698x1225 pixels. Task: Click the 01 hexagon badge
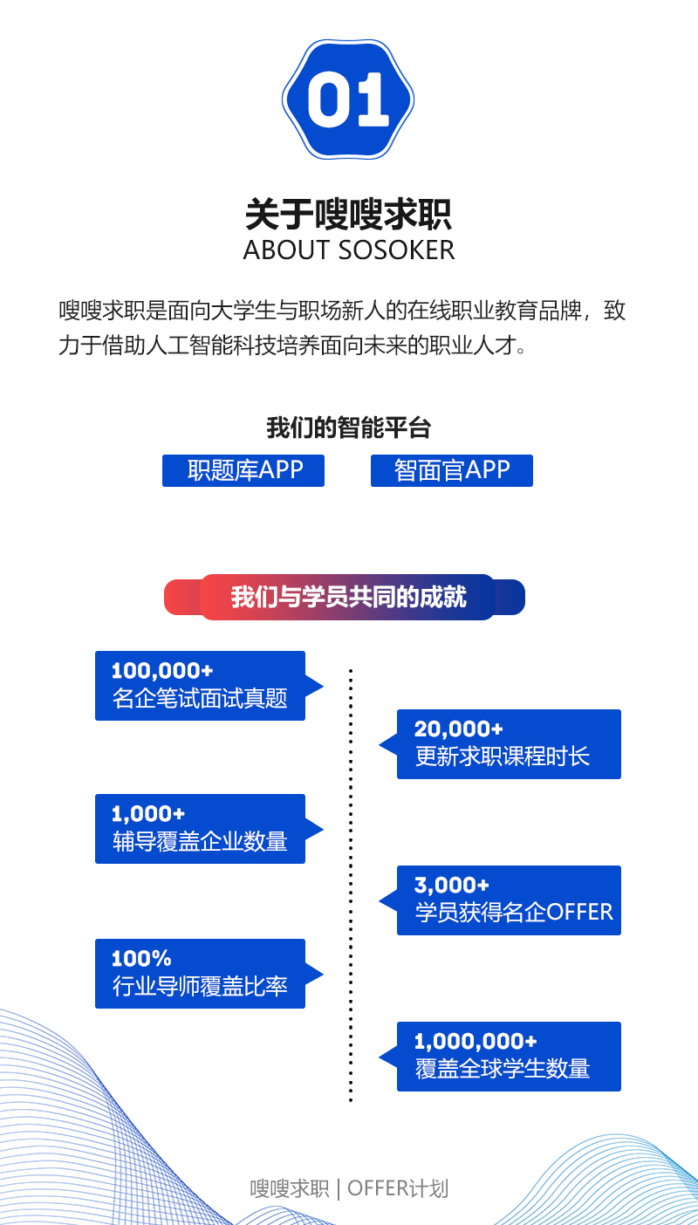pos(348,99)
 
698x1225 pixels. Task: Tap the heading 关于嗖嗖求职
pos(348,214)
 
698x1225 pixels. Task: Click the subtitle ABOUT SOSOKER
pos(349,250)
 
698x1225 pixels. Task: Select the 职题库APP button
pos(243,470)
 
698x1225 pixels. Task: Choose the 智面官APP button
pos(451,470)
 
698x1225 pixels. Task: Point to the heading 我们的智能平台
pos(348,428)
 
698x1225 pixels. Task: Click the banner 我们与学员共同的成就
pos(347,597)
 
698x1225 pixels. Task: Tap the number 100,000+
pos(162,671)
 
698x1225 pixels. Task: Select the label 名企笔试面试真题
pos(200,699)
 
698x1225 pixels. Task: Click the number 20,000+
pos(459,729)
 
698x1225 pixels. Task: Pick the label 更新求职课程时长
pos(503,756)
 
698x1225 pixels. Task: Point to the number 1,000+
pos(148,814)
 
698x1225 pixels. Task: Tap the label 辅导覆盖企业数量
pos(200,842)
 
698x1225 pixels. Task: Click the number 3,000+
pos(452,886)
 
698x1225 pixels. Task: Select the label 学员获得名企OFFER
pos(514,913)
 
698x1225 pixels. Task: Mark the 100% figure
pos(141,959)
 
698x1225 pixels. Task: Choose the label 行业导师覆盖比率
pos(200,987)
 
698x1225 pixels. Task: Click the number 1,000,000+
pos(476,1042)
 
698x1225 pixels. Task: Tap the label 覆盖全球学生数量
pos(503,1069)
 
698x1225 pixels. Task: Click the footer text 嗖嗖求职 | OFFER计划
pos(349,1188)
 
